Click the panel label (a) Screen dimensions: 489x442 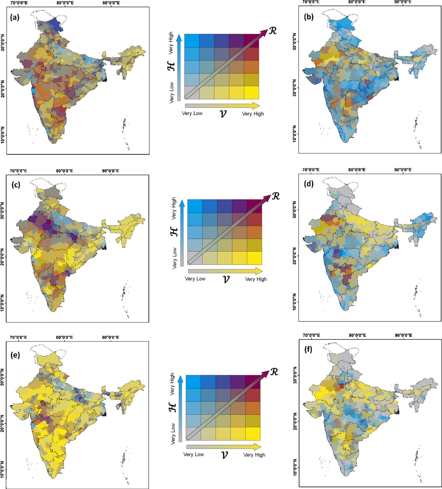click(x=15, y=17)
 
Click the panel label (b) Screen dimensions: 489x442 click(x=309, y=17)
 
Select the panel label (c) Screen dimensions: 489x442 click(x=16, y=185)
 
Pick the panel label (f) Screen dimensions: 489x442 click(x=308, y=349)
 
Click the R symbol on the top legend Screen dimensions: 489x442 click(x=273, y=31)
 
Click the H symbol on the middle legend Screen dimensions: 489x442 click(x=174, y=232)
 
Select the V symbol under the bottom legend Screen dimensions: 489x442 click(x=224, y=455)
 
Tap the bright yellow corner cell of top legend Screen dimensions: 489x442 click(x=251, y=93)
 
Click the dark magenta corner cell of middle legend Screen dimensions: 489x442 click(x=254, y=206)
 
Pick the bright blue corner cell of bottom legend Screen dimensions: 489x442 click(x=193, y=382)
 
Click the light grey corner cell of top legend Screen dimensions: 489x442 click(x=192, y=93)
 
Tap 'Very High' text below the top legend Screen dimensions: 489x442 click(x=253, y=114)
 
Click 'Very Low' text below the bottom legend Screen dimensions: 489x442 click(x=194, y=454)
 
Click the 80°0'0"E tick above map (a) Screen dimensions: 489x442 click(x=65, y=3)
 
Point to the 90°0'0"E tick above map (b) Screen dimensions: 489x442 click(x=403, y=2)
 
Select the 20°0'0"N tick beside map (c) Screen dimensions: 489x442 click(x=2, y=257)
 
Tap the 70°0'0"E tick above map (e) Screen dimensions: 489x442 click(x=18, y=337)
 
